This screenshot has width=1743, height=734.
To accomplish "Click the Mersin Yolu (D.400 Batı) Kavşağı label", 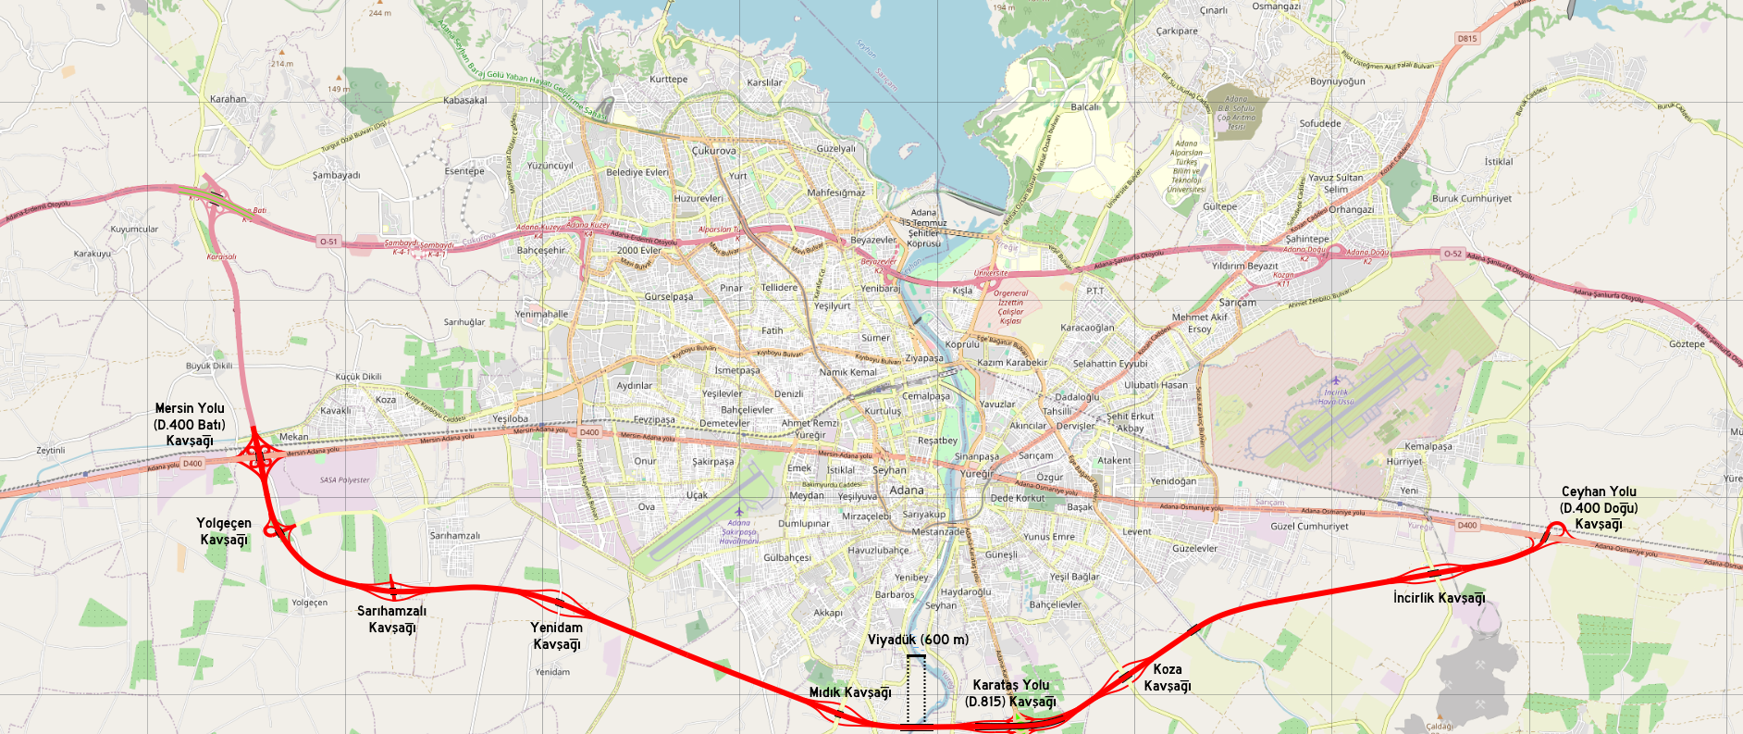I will coord(190,424).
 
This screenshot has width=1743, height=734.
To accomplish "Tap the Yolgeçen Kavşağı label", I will coord(224,531).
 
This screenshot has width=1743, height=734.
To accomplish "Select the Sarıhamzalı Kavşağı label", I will coord(392,619).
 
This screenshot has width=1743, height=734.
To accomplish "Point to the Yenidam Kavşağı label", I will coord(557,636).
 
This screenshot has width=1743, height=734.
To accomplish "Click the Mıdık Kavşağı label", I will coord(850,692).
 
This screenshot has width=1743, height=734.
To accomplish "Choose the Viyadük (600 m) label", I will coord(918,640).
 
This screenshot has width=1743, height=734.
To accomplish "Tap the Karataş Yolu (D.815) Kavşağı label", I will coord(1010,693).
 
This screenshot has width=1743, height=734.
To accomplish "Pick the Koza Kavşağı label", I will coord(1168,678).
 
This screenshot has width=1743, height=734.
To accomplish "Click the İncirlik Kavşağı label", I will coord(1439,598).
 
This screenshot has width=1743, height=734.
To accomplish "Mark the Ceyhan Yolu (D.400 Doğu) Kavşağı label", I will coord(1599,508).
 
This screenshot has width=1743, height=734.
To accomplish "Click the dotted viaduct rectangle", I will coord(916,690).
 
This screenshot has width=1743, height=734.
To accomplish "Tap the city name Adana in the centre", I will coord(907,491).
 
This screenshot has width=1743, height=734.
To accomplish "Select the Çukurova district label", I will coord(714,150).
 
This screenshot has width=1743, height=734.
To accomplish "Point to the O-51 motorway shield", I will coord(328,242).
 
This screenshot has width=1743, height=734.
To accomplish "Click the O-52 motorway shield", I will coord(1452,254).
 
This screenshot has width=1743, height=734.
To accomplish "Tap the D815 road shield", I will coord(1467,38).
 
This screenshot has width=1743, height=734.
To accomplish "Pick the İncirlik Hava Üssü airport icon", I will coord(1335,380).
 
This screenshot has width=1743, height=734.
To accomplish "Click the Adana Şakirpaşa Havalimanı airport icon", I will coord(738,511).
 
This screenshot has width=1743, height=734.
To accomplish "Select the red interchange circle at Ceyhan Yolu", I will coord(1556,529).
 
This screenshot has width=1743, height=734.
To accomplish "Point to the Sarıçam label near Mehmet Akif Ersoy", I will coord(1238,303).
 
